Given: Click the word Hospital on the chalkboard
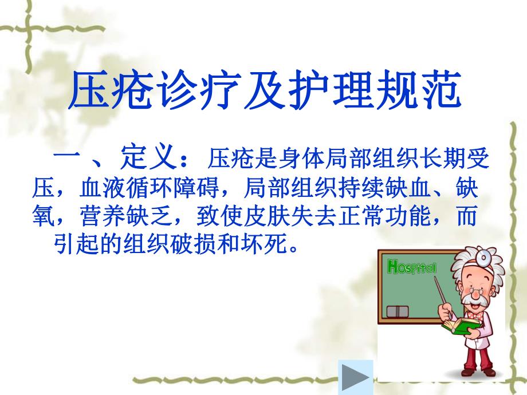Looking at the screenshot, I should coord(412,267).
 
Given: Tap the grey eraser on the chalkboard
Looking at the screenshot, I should coord(398,311).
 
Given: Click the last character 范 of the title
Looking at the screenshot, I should coord(440,92).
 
